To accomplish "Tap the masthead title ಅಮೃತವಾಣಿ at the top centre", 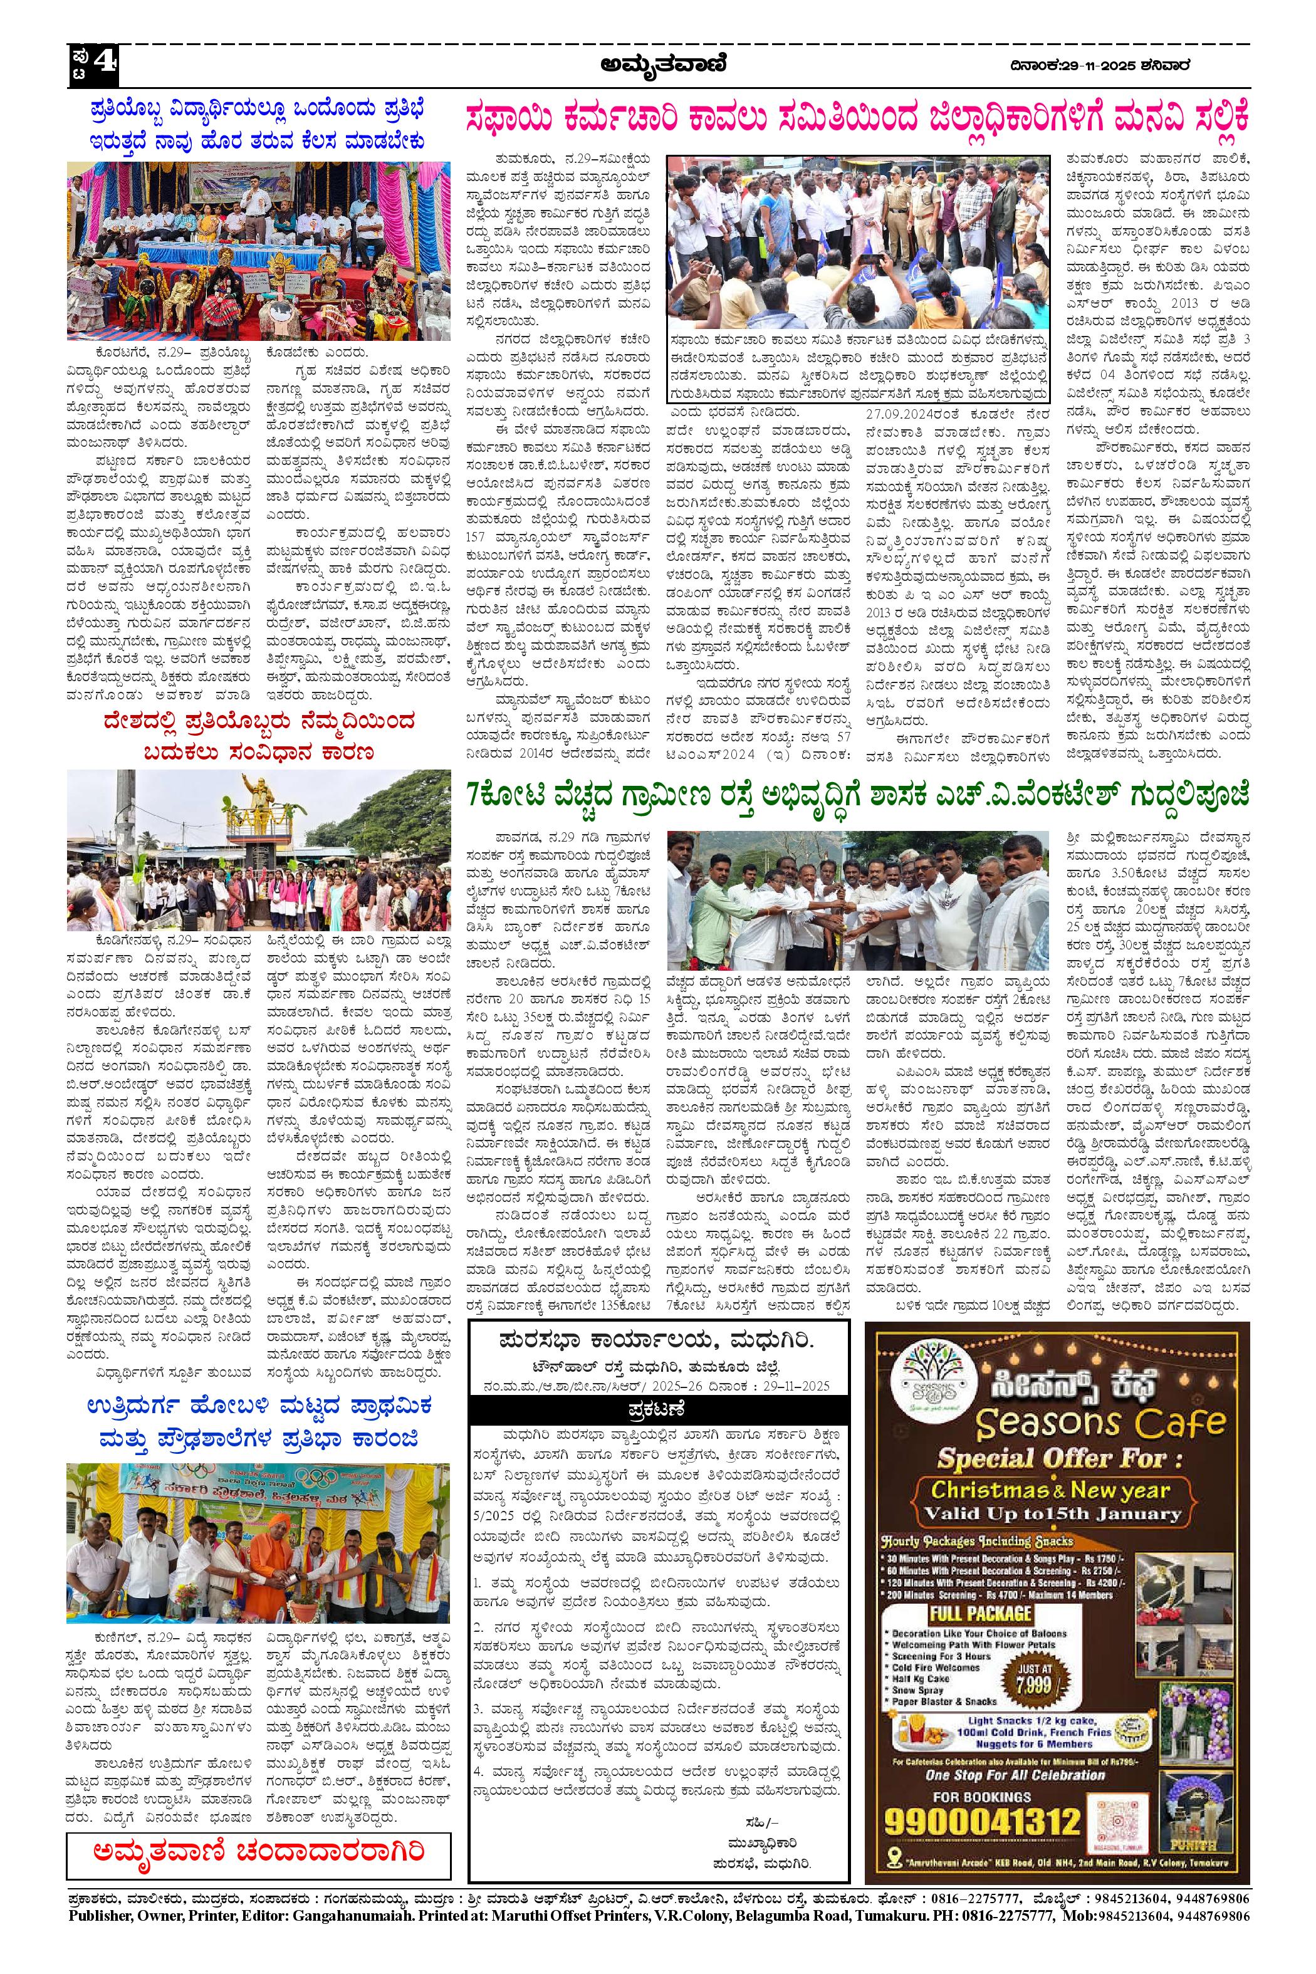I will (663, 64).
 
